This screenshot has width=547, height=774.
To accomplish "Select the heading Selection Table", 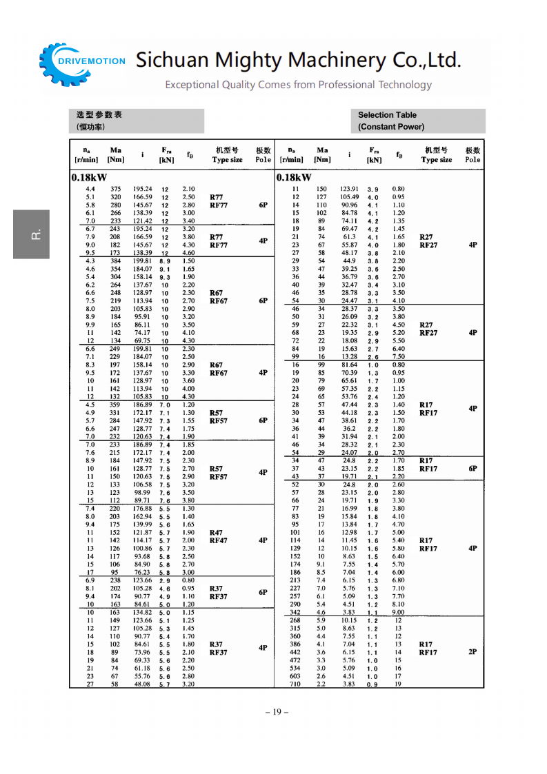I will pos(387,115).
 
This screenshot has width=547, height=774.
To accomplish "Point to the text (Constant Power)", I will pos(391,127).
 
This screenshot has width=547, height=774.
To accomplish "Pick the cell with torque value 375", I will pos(115,189).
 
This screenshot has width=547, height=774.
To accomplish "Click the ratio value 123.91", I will pos(349,189).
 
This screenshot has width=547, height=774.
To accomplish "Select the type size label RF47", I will pos(219,541).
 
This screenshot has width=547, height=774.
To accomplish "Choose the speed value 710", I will pos(295,684).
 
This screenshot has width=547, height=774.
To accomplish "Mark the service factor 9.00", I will pos(398,612).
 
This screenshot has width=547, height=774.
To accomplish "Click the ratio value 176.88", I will pos(142,509).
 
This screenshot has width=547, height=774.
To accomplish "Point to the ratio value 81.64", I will pos(349,365).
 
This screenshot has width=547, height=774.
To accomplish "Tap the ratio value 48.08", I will pos(142,684).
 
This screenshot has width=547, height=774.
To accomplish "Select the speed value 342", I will pos(295,612).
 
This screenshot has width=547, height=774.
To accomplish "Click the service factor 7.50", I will pos(398,356).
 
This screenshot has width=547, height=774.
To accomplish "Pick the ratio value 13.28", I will pos(349,356).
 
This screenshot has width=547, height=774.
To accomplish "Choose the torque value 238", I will pos(115,580).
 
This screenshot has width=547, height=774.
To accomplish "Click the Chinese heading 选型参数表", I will pos(99,115).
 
